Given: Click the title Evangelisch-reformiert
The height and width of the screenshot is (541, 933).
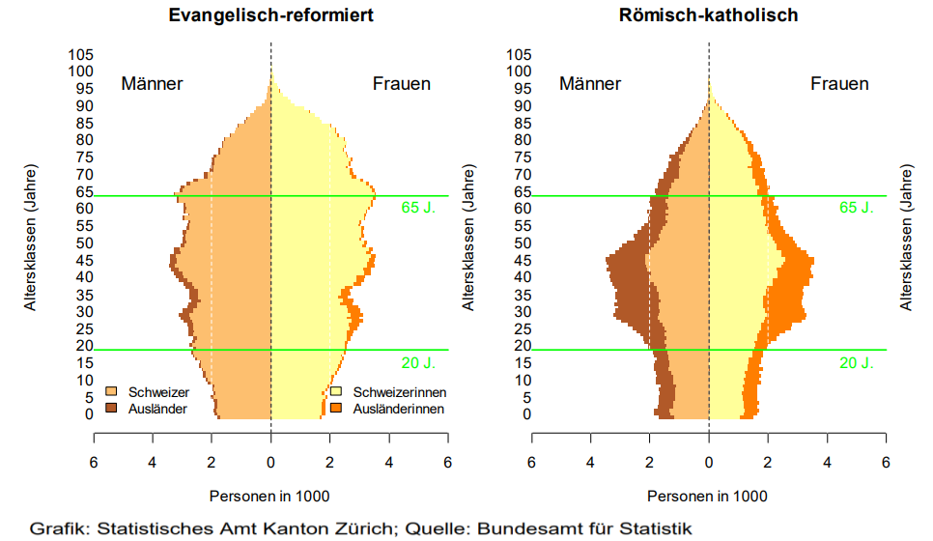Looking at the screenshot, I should (x=270, y=15).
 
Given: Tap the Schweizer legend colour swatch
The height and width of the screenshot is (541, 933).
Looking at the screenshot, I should (x=110, y=393).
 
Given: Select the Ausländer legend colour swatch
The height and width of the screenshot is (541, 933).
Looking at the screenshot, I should (x=110, y=409).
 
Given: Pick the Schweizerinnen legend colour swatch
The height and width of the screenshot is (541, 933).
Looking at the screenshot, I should (x=337, y=393).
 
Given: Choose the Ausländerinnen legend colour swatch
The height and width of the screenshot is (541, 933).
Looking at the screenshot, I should (x=337, y=409).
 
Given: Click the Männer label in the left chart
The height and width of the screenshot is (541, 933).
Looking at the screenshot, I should (x=152, y=84).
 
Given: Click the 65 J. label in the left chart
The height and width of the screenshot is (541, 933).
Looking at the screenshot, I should (x=420, y=208).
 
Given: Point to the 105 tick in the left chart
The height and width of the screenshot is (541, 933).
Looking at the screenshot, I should (x=80, y=54).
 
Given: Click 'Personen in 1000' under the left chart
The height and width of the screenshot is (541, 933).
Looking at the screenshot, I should (x=269, y=497).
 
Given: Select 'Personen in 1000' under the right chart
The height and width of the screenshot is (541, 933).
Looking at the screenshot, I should (x=707, y=497).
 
